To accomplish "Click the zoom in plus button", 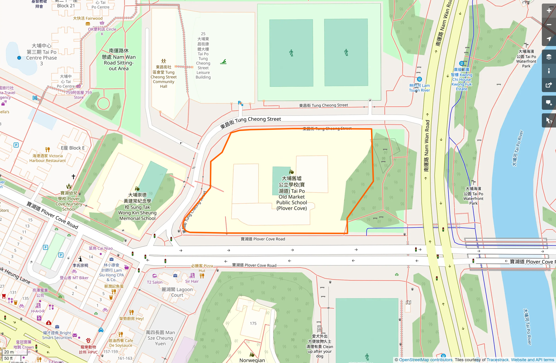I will click(x=549, y=11).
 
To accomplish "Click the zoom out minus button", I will click(x=549, y=25).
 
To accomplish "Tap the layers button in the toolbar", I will click(x=549, y=57).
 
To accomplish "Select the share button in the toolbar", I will click(x=549, y=85).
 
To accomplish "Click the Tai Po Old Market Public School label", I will click(x=292, y=193).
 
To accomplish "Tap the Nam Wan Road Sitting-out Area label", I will click(x=119, y=60).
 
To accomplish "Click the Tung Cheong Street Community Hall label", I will click(x=163, y=77).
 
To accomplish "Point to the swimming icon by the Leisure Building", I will click(x=223, y=62).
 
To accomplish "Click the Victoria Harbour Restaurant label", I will click(x=48, y=158).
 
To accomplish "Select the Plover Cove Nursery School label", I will click(x=69, y=201).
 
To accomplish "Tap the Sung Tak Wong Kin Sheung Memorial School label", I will click(x=137, y=207).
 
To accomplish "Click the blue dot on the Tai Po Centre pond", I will click(x=19, y=58).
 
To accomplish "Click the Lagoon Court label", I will click(x=177, y=292).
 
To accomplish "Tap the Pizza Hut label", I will click(x=202, y=268).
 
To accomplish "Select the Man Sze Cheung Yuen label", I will click(x=160, y=338).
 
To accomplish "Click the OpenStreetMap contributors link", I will click(x=426, y=360).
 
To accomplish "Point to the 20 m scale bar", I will click(x=9, y=352).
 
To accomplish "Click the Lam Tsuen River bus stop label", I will click(x=419, y=88).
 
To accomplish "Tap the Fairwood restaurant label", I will click(x=88, y=18).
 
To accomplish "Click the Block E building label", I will click(x=73, y=148).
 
